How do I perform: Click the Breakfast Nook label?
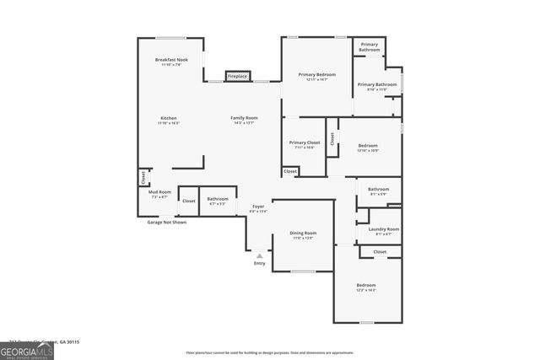coord(171,60)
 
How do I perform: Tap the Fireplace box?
coord(237,77)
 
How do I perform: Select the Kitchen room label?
coord(169,118)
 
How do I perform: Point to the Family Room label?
coord(246,118)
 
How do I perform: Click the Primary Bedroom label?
coord(317,75)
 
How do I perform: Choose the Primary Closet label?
coord(301,143)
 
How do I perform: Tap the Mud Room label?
coord(159,192)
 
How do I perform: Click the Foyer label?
coord(258,207)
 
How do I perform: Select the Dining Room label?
coord(303,234)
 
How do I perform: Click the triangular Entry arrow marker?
coord(259,255)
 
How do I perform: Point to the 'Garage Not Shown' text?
coord(167,222)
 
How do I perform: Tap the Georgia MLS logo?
coord(27,348)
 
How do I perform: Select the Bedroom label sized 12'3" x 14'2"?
coord(366,286)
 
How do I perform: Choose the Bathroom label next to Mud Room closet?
coord(218,199)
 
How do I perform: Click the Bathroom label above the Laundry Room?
coord(378,190)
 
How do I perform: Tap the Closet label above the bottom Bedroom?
coord(380,251)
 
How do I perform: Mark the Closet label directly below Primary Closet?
coord(290,171)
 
